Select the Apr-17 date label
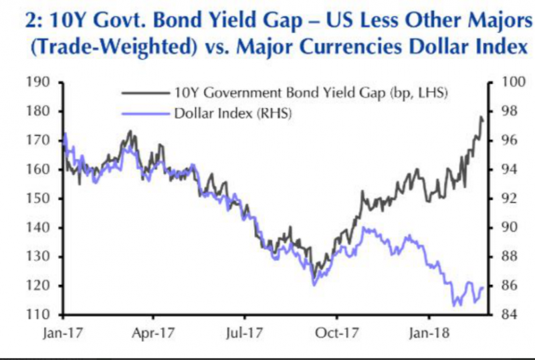[153, 331]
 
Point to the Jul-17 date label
[244, 331]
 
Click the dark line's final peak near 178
[481, 118]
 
